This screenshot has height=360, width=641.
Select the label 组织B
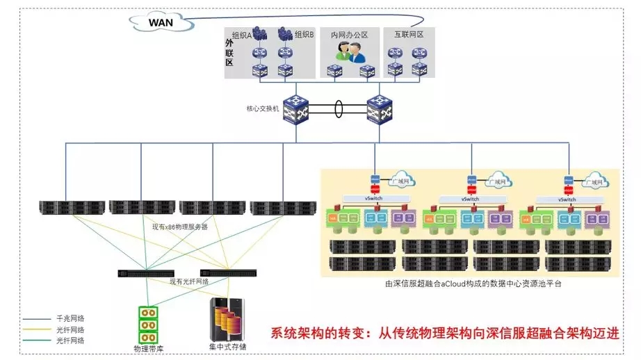click(305, 34)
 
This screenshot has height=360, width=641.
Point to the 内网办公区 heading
click(349, 34)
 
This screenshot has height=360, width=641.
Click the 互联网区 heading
click(409, 34)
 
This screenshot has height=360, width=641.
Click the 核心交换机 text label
click(262, 109)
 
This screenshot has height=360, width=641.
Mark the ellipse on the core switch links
click(339, 109)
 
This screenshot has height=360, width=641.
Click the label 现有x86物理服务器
click(180, 227)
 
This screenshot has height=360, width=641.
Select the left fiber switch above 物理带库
click(146, 273)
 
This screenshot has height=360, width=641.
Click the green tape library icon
click(147, 324)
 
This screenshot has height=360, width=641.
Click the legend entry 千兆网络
click(70, 318)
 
